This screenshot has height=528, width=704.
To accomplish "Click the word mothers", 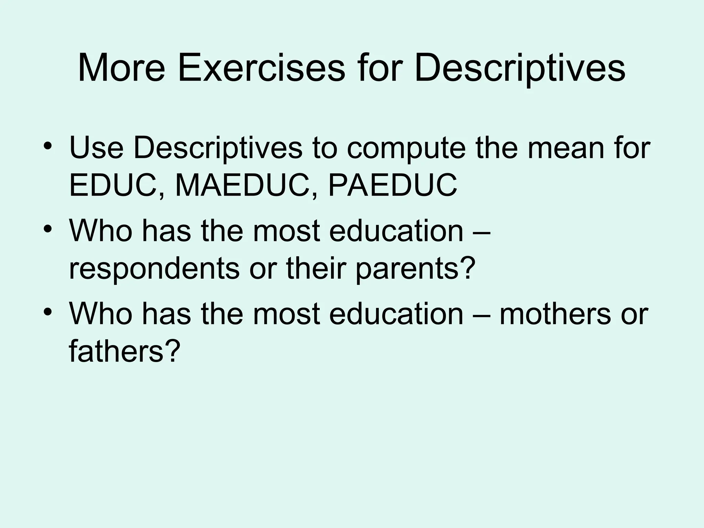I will pyautogui.click(x=555, y=314).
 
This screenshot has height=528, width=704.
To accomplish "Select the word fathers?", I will pyautogui.click(x=124, y=351).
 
